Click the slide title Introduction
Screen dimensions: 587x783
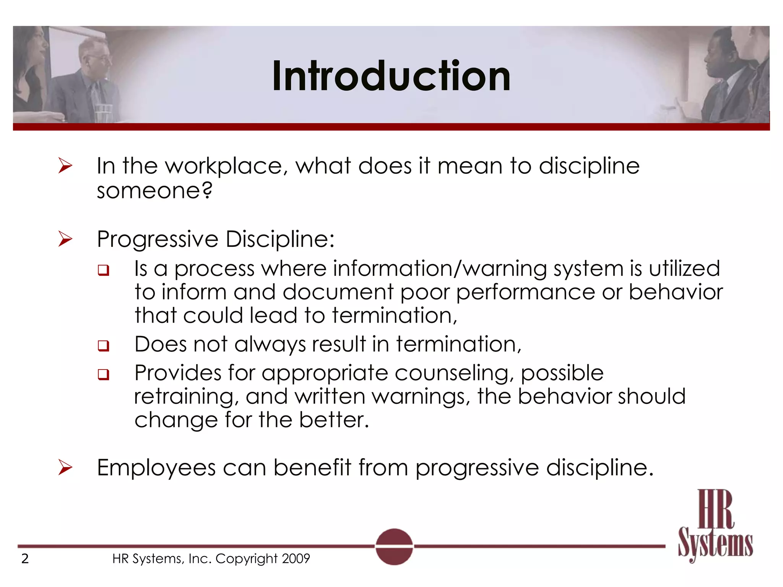click(x=391, y=76)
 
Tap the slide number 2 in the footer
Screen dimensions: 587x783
click(x=25, y=559)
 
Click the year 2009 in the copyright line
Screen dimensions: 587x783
click(x=296, y=559)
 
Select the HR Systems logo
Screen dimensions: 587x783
click(x=715, y=525)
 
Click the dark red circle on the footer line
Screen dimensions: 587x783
click(x=394, y=546)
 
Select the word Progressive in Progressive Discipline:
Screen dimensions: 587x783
click(x=158, y=240)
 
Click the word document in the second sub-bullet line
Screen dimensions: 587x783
click(x=338, y=292)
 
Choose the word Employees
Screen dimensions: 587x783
click(x=156, y=468)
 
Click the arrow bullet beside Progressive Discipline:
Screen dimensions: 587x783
click(x=65, y=239)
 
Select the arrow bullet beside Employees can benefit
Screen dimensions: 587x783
click(x=65, y=467)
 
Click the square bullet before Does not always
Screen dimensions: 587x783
click(x=103, y=346)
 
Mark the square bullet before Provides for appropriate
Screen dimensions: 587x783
click(x=103, y=375)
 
